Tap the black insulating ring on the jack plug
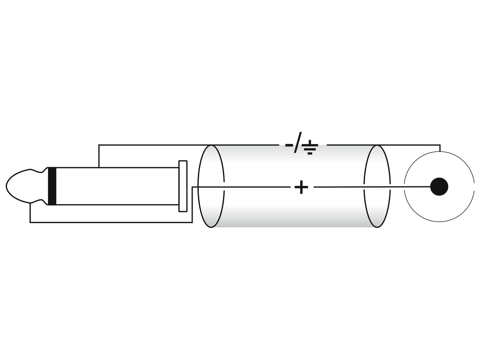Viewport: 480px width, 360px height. point(52,186)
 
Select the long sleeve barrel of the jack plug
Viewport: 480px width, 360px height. point(117,186)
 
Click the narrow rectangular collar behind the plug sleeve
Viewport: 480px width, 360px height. point(183,186)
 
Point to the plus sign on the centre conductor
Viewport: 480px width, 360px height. point(301,187)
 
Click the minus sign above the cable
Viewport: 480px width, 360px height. point(289,145)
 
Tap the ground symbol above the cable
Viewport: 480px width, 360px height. point(310,147)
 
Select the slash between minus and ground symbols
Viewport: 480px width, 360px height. point(298,142)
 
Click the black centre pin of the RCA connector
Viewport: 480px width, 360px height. point(439,187)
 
